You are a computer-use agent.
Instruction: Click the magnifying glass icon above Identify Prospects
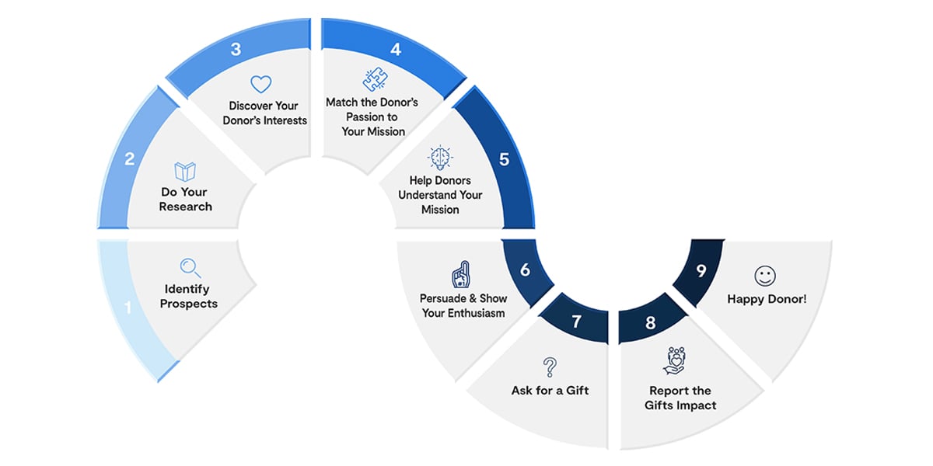[x=190, y=268]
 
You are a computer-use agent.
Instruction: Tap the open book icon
[x=185, y=171]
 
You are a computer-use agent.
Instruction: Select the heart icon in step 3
[x=261, y=84]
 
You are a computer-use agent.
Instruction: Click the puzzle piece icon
[x=375, y=79]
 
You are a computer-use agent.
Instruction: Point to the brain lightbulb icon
[x=440, y=158]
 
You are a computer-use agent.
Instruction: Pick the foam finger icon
[x=461, y=275]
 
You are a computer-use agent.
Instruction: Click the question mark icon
[x=550, y=367]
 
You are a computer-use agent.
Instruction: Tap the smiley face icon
[x=765, y=276]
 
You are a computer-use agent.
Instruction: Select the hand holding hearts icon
[x=675, y=360]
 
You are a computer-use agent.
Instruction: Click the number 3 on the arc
[x=236, y=50]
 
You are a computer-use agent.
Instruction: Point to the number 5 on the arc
[x=504, y=159]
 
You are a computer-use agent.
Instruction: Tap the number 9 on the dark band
[x=701, y=271]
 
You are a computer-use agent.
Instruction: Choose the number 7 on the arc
[x=576, y=322]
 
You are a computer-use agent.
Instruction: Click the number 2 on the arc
[x=130, y=159]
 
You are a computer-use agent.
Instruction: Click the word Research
[x=185, y=207]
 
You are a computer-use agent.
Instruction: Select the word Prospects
[x=189, y=304]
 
